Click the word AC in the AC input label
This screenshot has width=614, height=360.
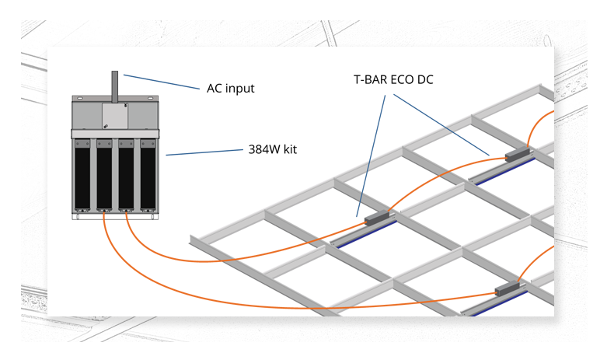point(214,88)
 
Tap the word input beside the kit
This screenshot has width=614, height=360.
point(239,89)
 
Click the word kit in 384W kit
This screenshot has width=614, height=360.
point(291,149)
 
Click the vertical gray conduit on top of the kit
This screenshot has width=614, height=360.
point(115,87)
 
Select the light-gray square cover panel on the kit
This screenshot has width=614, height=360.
point(115,116)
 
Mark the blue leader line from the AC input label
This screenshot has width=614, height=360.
point(162,82)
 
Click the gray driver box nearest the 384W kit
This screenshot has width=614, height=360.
point(377,218)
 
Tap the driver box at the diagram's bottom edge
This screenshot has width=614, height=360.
point(508,288)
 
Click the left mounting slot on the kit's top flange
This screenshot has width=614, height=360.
point(80,98)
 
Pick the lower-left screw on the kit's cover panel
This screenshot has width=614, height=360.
point(106,126)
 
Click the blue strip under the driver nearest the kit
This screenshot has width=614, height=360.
point(366,235)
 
